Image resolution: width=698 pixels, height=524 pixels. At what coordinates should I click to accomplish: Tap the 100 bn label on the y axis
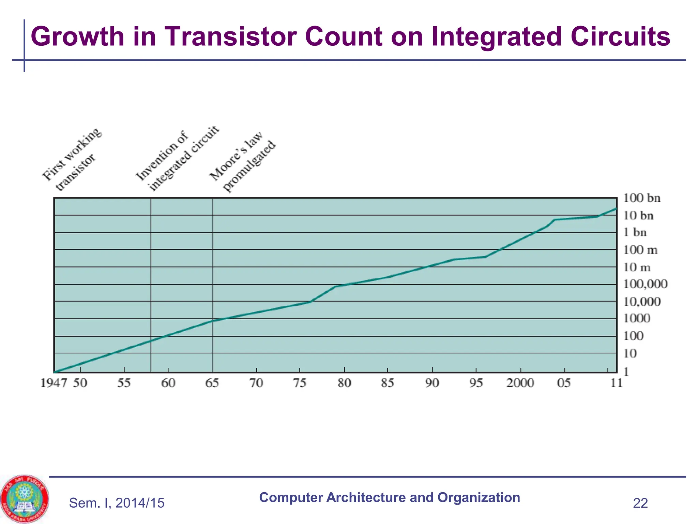tap(641, 198)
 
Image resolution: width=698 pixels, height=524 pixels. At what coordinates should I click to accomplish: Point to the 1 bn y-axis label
tap(635, 233)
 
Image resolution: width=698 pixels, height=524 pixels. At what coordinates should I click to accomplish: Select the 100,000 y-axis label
tap(645, 284)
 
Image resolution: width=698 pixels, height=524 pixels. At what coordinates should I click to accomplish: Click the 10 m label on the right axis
tap(637, 267)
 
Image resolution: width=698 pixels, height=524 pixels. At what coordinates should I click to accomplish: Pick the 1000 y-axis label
tap(636, 319)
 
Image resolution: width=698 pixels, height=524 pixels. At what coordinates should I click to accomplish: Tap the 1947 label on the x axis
tap(54, 383)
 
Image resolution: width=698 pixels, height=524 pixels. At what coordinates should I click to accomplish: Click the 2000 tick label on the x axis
tap(520, 383)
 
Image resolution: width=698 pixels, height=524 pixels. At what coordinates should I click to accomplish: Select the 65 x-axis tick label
tap(212, 383)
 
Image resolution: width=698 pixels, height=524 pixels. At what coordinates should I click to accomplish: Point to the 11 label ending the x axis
tap(616, 383)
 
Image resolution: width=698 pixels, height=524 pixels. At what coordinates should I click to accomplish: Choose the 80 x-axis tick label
tap(344, 383)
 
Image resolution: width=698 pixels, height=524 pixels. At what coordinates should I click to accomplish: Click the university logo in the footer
tap(25, 499)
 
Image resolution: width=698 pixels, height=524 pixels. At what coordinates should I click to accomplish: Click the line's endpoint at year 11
tap(616, 208)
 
